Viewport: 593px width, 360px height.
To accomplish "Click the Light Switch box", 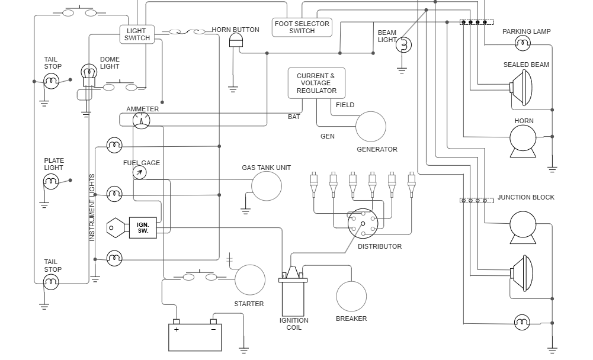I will [137, 34].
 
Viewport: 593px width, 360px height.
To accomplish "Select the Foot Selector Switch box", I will [302, 27].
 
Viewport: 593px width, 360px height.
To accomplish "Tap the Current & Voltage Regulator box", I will [316, 83].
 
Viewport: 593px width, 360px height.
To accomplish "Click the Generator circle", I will [371, 127].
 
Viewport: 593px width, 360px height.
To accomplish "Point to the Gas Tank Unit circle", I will [267, 186].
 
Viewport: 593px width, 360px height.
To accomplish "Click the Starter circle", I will [250, 280].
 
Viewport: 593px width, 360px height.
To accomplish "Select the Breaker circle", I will [351, 296].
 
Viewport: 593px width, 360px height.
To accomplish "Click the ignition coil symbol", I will [293, 293].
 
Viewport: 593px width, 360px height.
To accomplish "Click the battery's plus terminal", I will [176, 322].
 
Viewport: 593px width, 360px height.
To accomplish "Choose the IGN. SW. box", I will [143, 227].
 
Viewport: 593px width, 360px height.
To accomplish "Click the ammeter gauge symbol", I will [141, 121].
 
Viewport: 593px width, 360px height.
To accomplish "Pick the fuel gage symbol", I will [139, 172].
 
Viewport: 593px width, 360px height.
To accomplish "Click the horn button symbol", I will [236, 41].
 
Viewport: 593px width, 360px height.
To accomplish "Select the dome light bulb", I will [88, 72].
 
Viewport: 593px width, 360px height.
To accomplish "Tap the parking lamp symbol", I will [522, 43].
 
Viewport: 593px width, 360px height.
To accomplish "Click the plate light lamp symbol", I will [52, 182].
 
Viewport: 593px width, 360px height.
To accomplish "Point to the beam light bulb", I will [403, 44].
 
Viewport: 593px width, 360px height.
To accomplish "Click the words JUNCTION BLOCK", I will [525, 197].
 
